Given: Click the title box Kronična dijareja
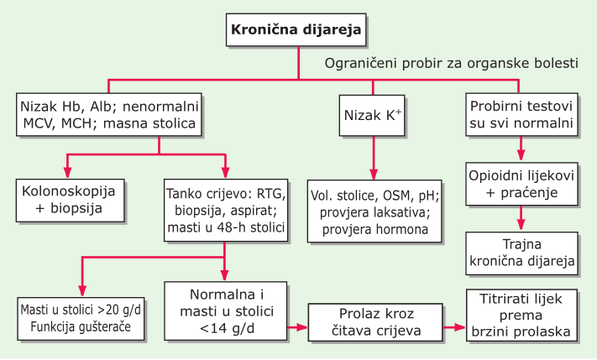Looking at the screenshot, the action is click(x=296, y=30).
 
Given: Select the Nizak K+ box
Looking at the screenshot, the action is click(x=372, y=115).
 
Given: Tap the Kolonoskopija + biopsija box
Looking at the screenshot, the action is click(x=70, y=201).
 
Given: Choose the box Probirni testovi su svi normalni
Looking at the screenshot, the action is click(x=521, y=114).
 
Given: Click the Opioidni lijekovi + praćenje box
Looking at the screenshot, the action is click(x=521, y=184).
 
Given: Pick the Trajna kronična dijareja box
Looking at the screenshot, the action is click(x=521, y=253).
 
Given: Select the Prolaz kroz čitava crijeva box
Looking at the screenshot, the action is click(x=375, y=322).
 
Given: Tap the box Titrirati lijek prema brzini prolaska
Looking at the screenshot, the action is click(x=521, y=315).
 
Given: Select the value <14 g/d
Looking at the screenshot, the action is click(x=227, y=328).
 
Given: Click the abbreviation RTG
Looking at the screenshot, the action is click(x=271, y=194).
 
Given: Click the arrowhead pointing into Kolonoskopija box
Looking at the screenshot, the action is click(x=68, y=173).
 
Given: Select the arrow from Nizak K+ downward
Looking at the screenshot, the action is click(x=374, y=158).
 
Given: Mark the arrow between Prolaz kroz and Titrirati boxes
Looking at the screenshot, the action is click(x=454, y=327).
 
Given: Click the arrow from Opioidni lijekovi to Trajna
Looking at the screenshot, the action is click(x=521, y=218).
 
